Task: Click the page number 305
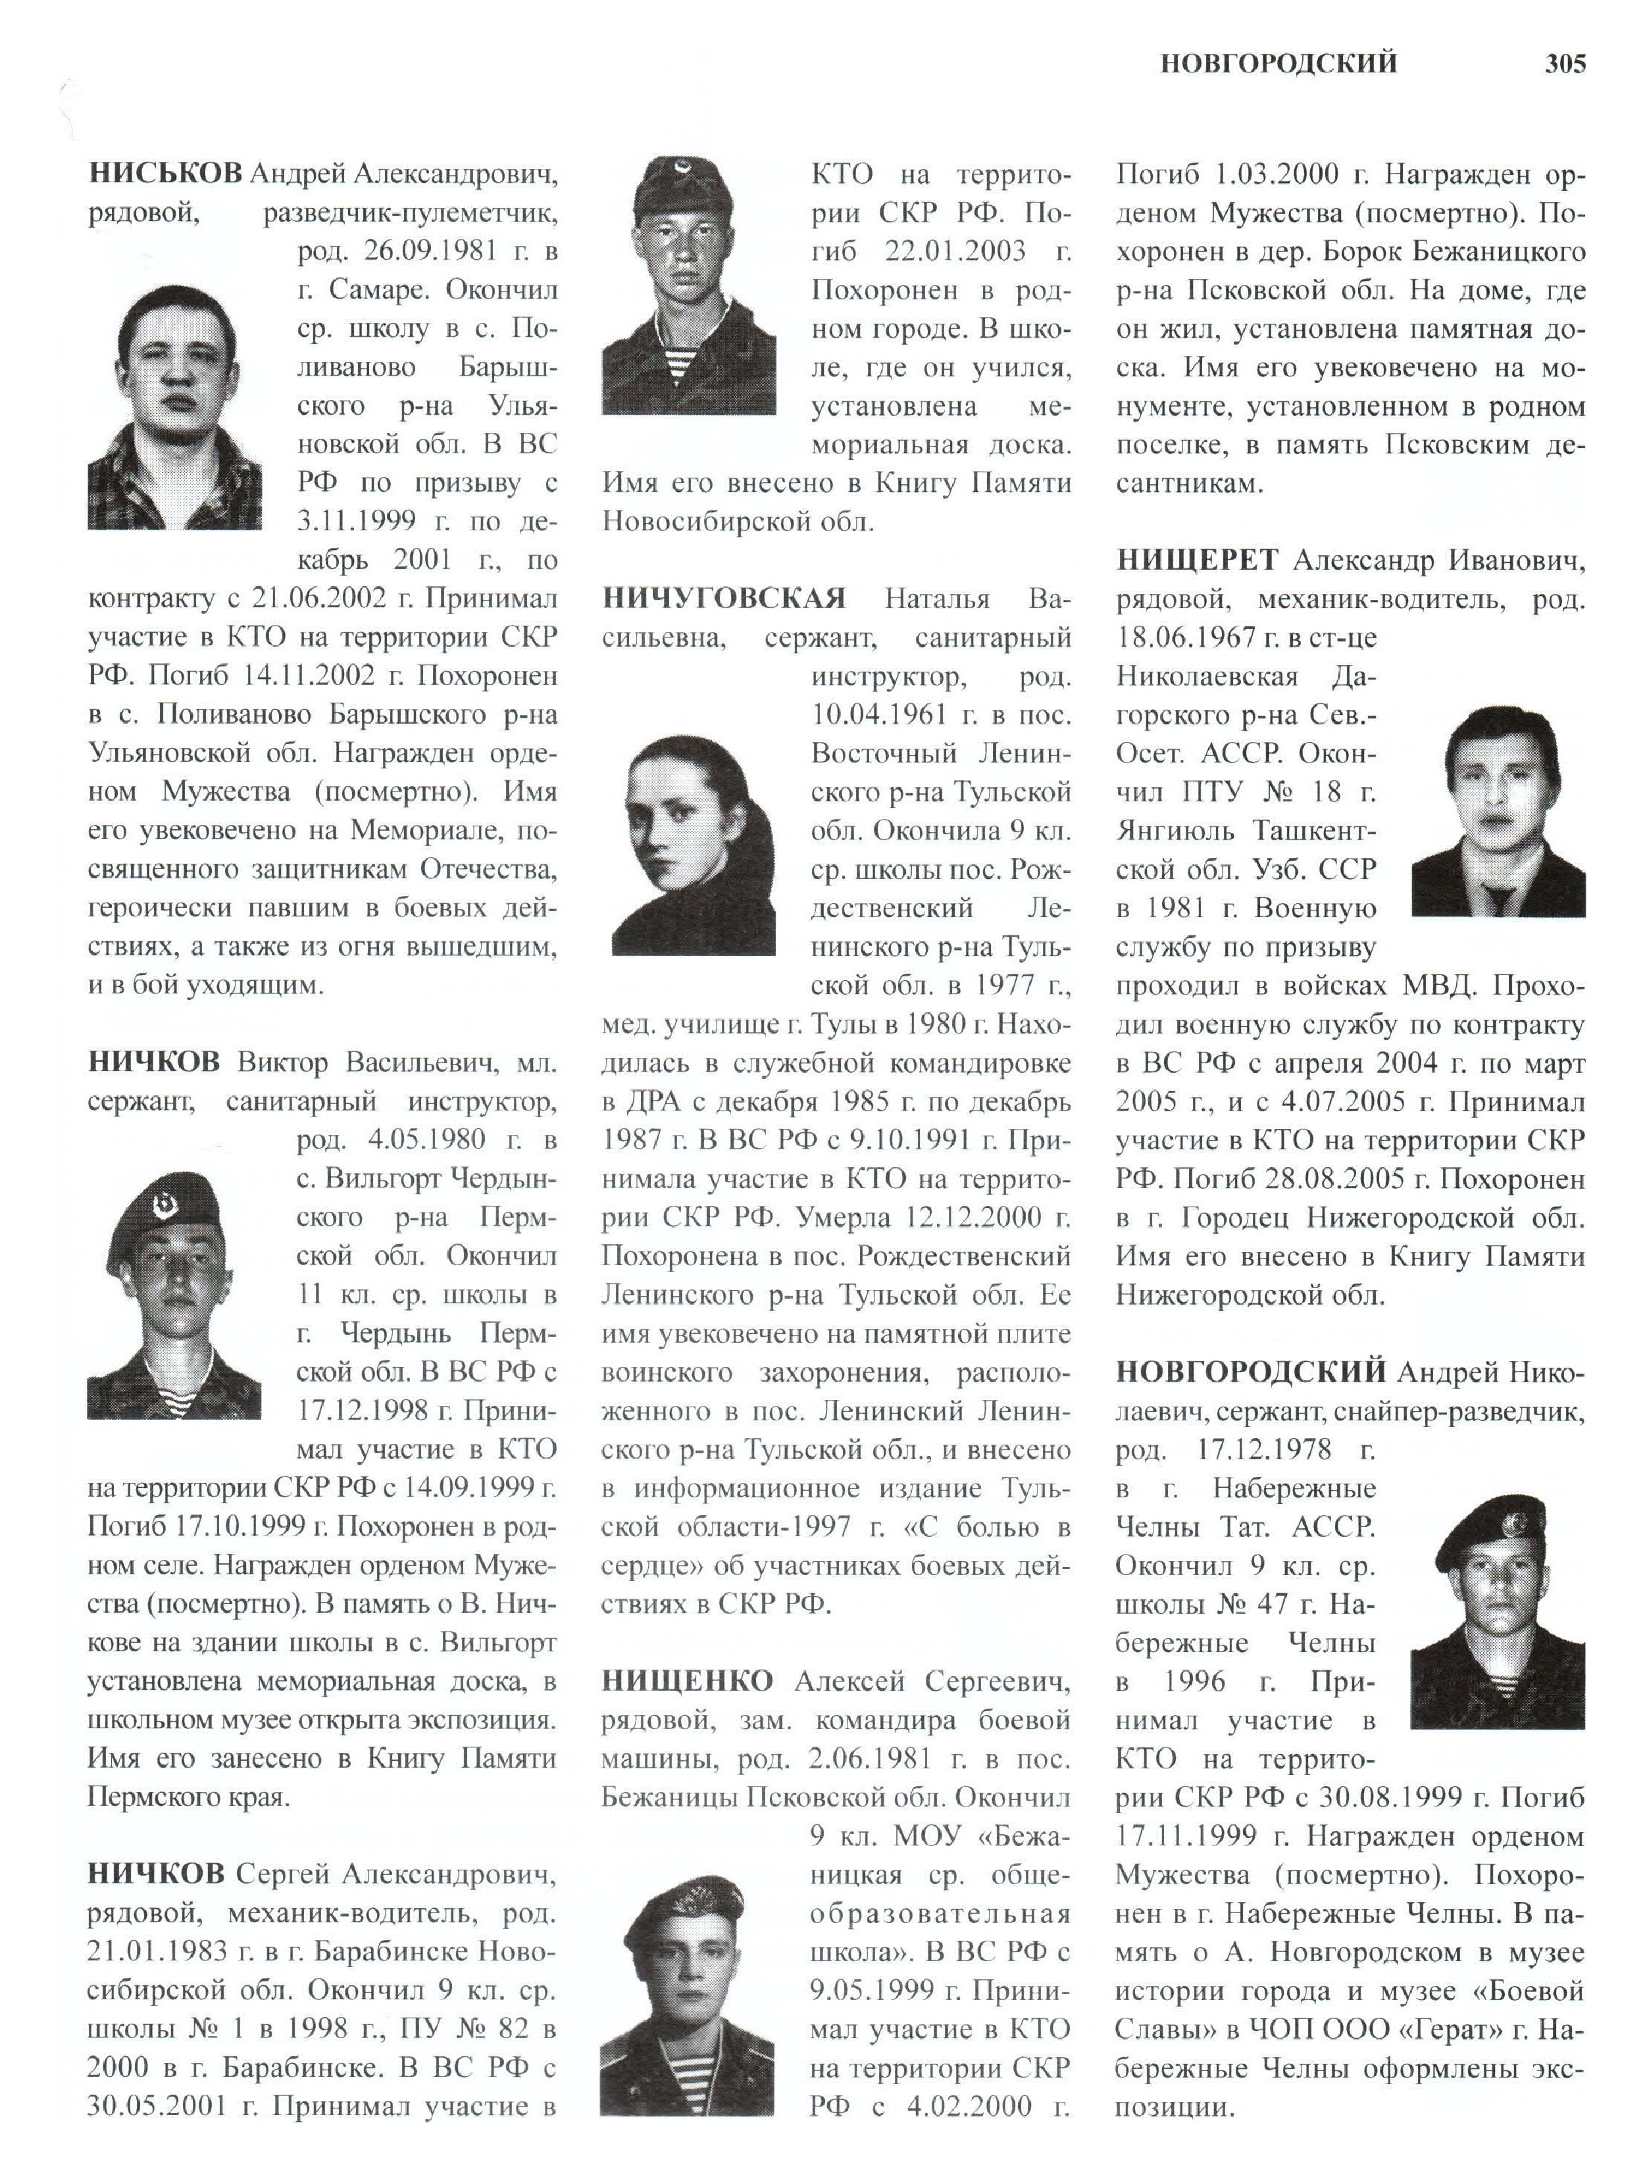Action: click(x=1565, y=64)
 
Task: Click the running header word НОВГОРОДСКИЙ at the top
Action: click(x=1278, y=64)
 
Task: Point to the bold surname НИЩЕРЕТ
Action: click(x=1196, y=561)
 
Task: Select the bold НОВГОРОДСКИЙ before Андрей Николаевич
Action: click(x=1250, y=1371)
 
